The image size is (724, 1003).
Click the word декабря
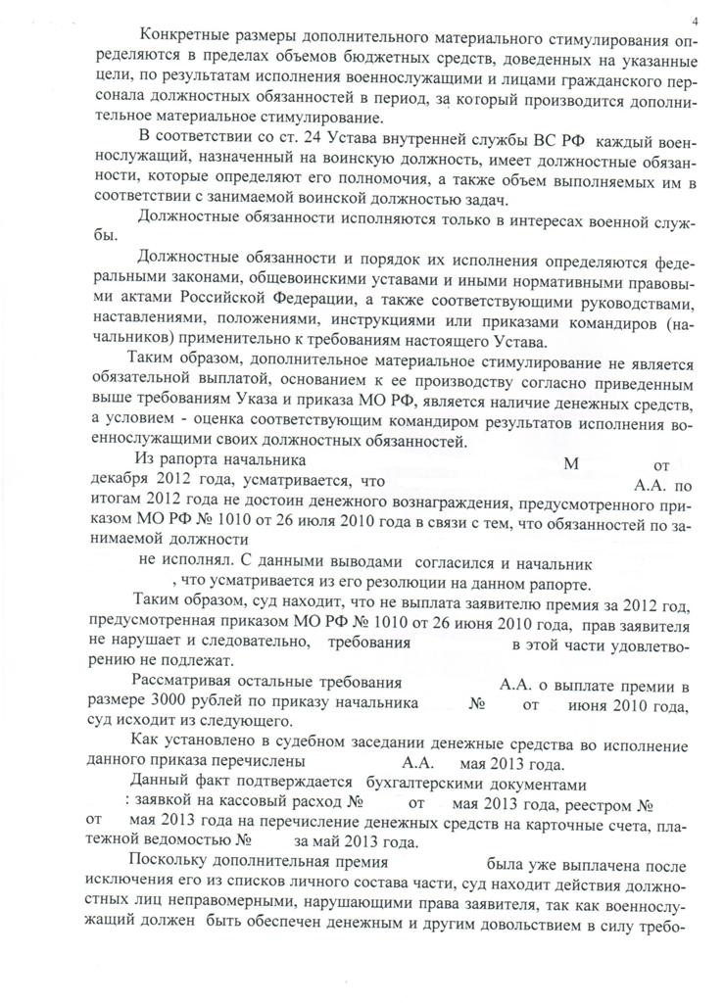coord(115,482)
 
